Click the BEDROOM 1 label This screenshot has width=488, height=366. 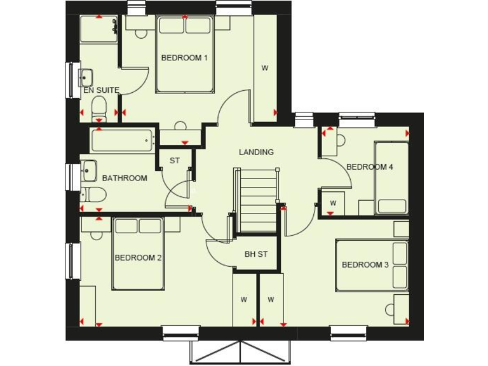[x=184, y=58]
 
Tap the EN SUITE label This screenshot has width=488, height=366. [x=102, y=90]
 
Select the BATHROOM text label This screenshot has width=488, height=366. [x=125, y=178]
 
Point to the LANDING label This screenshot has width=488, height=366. [x=256, y=152]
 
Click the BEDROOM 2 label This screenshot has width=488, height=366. [x=138, y=257]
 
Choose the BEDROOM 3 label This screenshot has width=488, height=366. [x=365, y=264]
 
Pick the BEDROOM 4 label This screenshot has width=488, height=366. [x=370, y=167]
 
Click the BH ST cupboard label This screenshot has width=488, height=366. [x=256, y=254]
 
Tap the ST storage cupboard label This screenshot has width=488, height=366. [x=175, y=161]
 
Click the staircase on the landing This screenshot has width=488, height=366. [x=257, y=200]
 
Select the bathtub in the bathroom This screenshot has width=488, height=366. [x=123, y=140]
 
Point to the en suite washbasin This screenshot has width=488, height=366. [x=86, y=78]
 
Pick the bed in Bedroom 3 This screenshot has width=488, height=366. [x=372, y=265]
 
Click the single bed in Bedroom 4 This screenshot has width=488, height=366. [x=391, y=178]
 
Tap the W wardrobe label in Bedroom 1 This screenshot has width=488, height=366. [x=265, y=68]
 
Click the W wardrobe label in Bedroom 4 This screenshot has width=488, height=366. [x=332, y=203]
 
